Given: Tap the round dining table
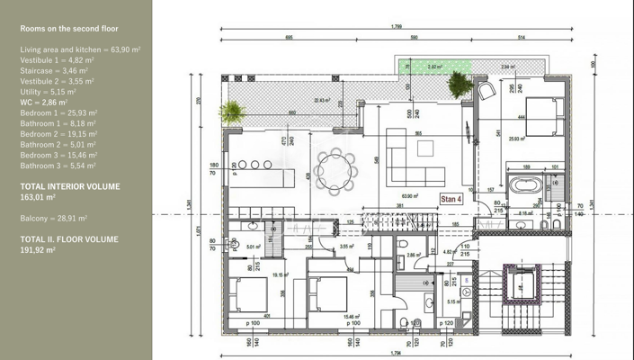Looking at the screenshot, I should pos(335,166).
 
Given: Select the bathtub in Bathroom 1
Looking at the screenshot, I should pos(524,187).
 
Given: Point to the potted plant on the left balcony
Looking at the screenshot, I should pos(232,112).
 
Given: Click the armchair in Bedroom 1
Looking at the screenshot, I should pos(491,91).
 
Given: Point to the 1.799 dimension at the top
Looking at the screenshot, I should pos(397,27).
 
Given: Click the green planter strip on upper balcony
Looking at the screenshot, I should pos(433,67).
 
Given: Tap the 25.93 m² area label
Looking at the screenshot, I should pos(517,139).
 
